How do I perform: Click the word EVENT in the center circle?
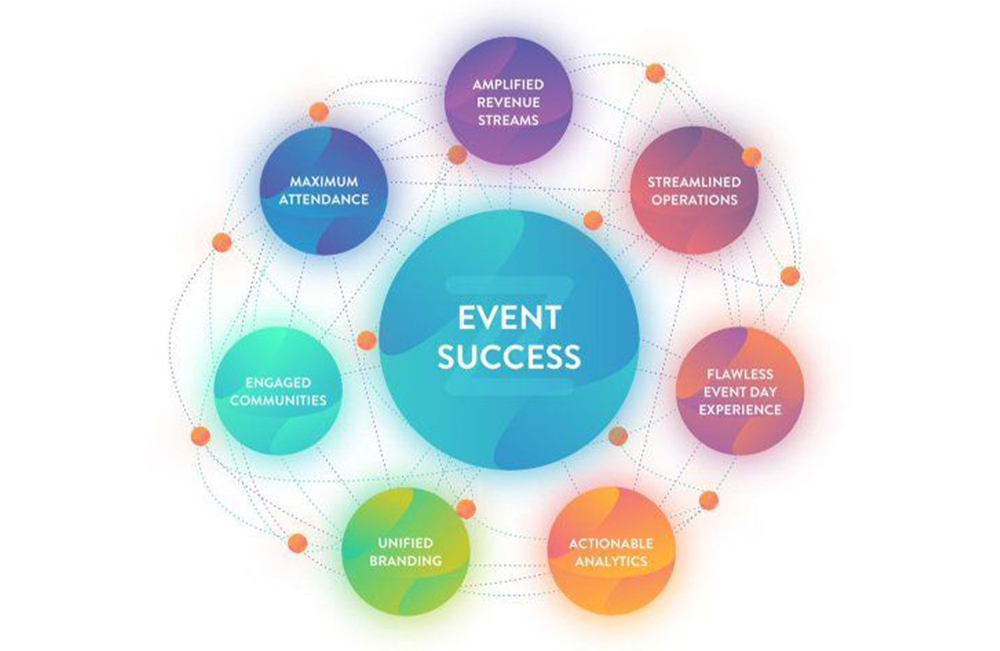[509, 317]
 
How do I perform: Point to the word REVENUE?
[508, 103]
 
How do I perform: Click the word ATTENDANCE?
[323, 199]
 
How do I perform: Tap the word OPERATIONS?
[694, 199]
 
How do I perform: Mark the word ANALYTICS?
[611, 561]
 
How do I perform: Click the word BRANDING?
[405, 560]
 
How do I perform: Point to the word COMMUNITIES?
[278, 400]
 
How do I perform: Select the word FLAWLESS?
[740, 374]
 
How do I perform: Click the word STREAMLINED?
[694, 181]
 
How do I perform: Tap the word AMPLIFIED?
[508, 85]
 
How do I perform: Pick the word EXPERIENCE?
[740, 410]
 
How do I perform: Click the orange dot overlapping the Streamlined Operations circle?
[751, 157]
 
